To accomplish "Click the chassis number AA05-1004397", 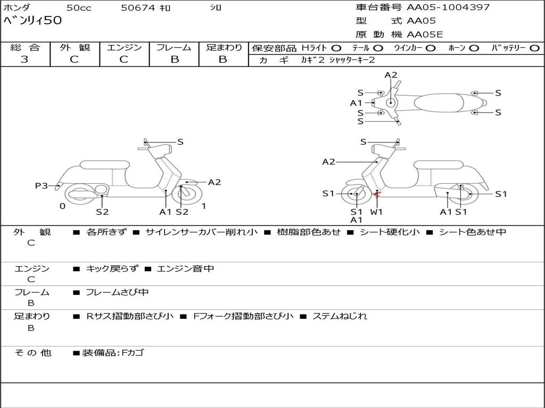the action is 448,7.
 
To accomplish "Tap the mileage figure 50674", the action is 137,8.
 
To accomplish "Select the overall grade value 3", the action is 24,59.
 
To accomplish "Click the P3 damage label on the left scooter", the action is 41,186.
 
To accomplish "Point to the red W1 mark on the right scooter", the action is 376,194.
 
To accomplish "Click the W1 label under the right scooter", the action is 376,211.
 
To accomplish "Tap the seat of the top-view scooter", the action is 439,103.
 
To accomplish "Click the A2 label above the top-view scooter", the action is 391,75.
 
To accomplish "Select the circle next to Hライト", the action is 336,48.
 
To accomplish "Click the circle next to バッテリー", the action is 534,48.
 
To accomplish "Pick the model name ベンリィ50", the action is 32,21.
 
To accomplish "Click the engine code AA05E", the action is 425,35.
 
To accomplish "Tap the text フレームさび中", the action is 117,293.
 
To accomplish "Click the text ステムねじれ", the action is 340,316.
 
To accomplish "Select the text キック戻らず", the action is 112,268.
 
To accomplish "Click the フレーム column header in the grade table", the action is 174,47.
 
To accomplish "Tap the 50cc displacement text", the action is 79,8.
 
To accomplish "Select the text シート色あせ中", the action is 473,232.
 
